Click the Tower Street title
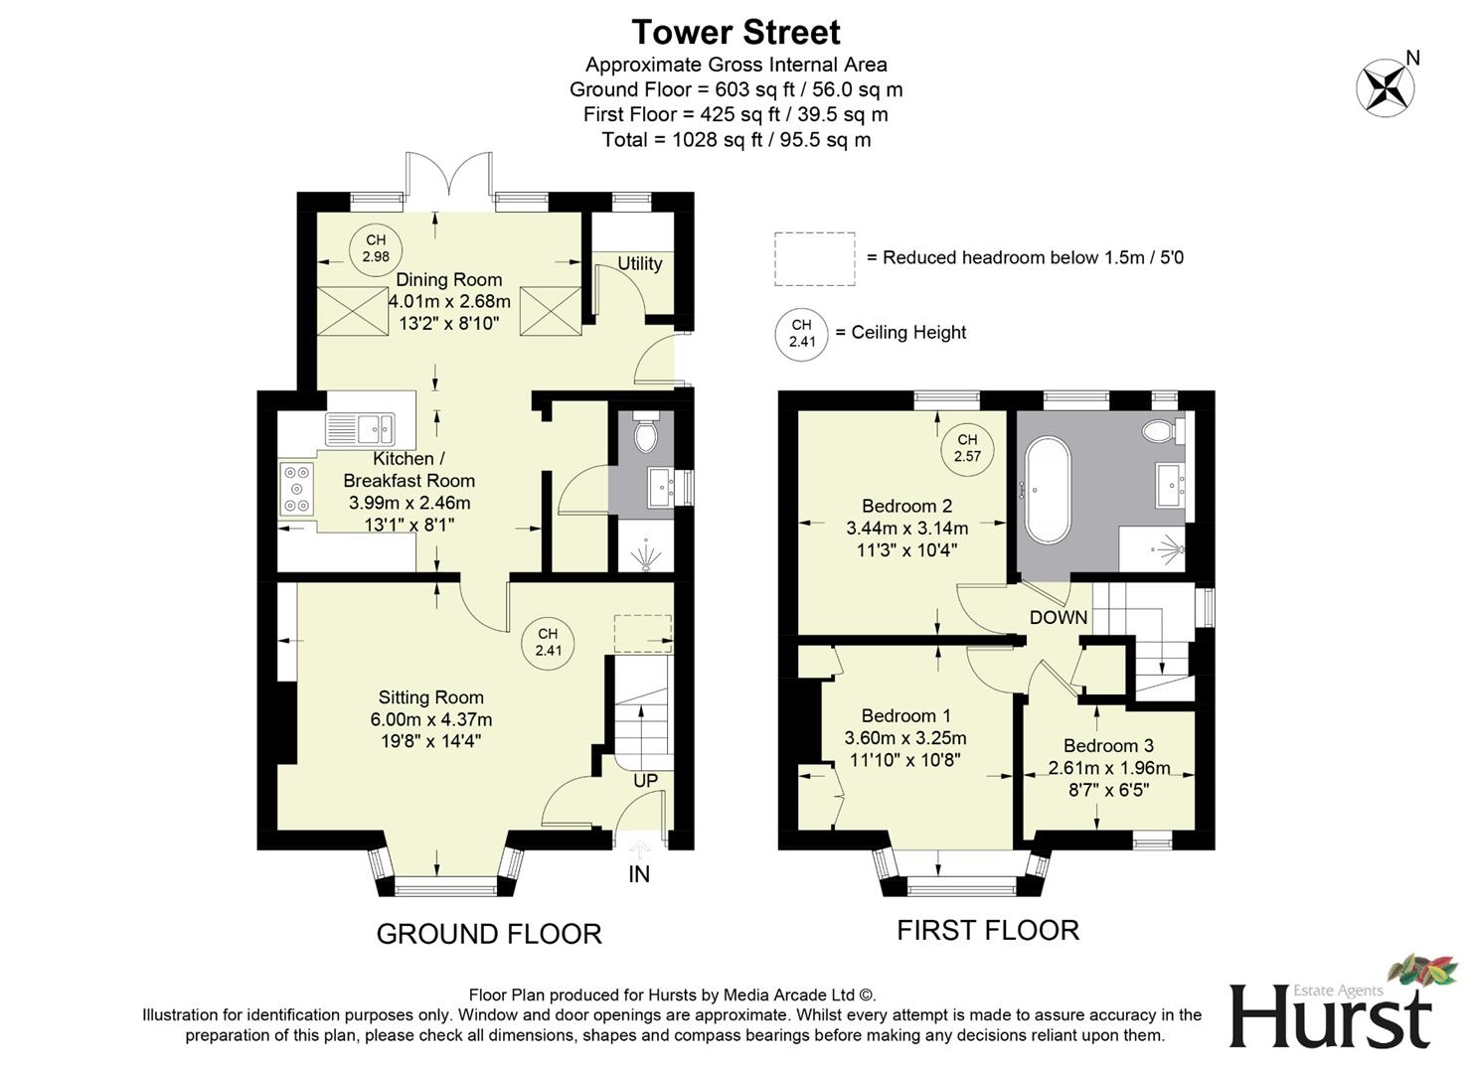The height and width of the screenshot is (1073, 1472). [736, 32]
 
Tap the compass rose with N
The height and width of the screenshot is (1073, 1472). [1386, 86]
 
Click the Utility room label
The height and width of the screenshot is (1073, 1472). [639, 263]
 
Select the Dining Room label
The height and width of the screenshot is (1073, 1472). [448, 280]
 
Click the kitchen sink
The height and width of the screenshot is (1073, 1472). [360, 429]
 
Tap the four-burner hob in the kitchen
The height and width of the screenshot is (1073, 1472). [296, 489]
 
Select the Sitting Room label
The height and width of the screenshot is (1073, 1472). [430, 697]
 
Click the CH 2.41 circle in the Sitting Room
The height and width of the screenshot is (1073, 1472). [548, 643]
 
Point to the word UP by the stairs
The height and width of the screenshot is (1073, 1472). [645, 781]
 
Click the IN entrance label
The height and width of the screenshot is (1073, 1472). [639, 874]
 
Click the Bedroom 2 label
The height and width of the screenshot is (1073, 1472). [906, 506]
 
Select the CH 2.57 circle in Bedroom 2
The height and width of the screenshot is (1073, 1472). [967, 448]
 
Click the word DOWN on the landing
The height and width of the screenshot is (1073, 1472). [1058, 617]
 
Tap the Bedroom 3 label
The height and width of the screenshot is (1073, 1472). [1108, 746]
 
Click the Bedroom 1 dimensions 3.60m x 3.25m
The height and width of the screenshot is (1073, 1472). [904, 738]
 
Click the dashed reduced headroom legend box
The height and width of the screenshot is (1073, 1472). [814, 258]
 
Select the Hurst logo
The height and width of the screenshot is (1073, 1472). [1332, 1008]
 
